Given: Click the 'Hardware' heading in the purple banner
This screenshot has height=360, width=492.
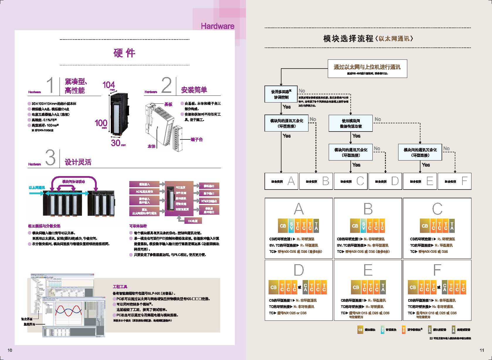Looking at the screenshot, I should pyautogui.click(x=217, y=26).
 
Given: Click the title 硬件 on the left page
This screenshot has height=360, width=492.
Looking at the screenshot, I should pyautogui.click(x=124, y=53).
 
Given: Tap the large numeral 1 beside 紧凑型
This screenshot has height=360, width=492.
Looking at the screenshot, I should pyautogui.click(x=50, y=86).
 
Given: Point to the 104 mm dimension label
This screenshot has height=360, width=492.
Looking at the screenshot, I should pyautogui.click(x=109, y=85).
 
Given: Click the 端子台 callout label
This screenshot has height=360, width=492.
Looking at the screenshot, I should pyautogui.click(x=196, y=140).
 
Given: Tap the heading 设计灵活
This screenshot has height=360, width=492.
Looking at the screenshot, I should pyautogui.click(x=78, y=162).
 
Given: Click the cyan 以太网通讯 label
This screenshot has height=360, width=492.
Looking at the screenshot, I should pyautogui.click(x=37, y=187).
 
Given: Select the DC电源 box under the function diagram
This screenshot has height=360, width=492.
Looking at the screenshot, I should pyautogui.click(x=193, y=221).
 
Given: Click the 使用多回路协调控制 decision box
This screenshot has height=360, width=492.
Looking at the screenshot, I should pyautogui.click(x=281, y=94).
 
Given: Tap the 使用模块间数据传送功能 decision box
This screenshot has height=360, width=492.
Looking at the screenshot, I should pyautogui.click(x=351, y=123).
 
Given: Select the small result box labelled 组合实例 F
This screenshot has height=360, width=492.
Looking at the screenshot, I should pyautogui.click(x=454, y=181).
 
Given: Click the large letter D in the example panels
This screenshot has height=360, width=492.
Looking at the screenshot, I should pyautogui.click(x=299, y=270).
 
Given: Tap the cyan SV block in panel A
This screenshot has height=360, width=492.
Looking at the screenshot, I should pyautogui.click(x=291, y=226).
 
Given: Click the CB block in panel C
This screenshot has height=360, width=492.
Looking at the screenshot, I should pyautogui.click(x=425, y=226).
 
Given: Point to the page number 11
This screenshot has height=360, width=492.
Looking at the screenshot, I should pyautogui.click(x=482, y=350).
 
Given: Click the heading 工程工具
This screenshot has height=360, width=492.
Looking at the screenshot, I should pyautogui.click(x=120, y=286).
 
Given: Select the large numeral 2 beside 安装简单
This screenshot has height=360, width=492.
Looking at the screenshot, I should pyautogui.click(x=167, y=86).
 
